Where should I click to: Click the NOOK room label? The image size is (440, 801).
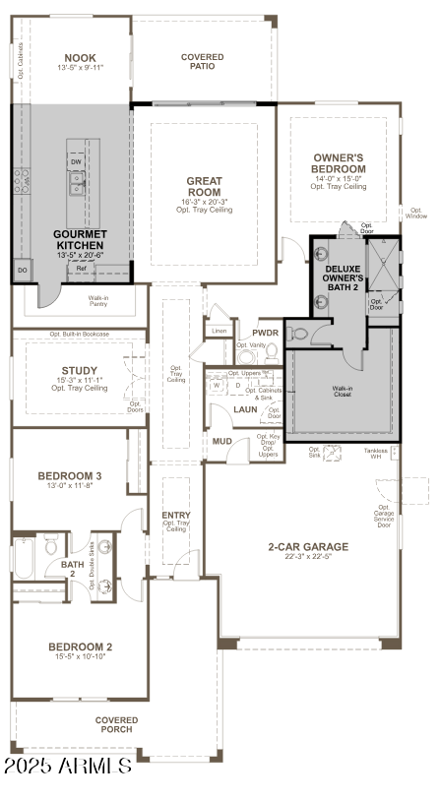click(x=81, y=58)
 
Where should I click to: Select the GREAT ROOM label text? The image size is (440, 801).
click(x=204, y=186)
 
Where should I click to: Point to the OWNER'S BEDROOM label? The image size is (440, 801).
click(x=340, y=163)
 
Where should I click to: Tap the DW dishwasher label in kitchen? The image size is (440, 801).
click(x=76, y=161)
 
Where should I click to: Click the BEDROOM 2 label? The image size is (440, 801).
click(x=80, y=647)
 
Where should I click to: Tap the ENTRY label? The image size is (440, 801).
click(x=176, y=515)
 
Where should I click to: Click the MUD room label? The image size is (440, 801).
click(x=222, y=442)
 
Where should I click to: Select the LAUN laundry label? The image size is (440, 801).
click(x=245, y=408)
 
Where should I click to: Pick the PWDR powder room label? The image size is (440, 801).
click(x=266, y=333)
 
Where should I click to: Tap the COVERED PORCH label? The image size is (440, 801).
click(x=116, y=724)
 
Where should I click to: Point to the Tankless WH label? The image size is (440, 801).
click(x=375, y=454)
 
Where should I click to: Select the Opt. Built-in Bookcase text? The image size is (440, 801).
click(x=79, y=334)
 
